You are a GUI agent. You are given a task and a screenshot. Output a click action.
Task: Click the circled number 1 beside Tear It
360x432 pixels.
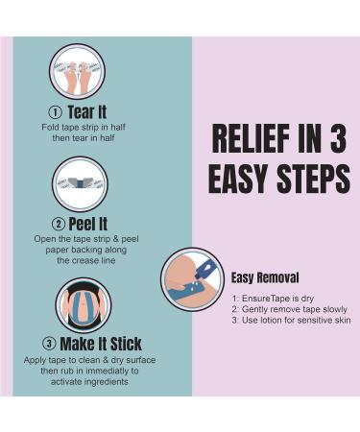point(55,112)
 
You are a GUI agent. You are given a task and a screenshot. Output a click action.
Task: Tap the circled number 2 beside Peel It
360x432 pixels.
point(59,224)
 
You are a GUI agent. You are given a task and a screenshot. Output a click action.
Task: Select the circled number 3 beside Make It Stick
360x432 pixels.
point(49,344)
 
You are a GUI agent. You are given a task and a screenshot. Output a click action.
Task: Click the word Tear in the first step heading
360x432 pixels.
point(80,112)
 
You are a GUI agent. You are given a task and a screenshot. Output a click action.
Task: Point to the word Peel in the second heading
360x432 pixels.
point(82,224)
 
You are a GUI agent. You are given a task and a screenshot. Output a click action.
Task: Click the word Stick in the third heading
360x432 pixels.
point(126,344)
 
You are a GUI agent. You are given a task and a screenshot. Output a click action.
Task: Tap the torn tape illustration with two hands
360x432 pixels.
point(77,72)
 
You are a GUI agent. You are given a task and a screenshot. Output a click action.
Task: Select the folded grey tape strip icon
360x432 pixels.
point(80,184)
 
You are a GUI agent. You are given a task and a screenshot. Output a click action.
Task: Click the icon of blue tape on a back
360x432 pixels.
point(84,305)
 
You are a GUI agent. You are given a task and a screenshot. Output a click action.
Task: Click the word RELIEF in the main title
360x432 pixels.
point(252,138)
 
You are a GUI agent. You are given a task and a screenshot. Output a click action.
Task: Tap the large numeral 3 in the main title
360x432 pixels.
point(338,138)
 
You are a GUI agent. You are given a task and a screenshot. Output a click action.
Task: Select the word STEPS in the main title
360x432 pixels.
point(313,179)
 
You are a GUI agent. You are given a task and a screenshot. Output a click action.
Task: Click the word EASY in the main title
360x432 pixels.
point(239,179)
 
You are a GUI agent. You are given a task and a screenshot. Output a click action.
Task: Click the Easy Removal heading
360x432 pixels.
point(265,277)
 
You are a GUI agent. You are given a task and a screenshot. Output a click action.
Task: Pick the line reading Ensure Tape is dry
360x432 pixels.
point(273,299)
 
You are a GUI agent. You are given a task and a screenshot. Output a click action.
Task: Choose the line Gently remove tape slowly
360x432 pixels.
point(290,309)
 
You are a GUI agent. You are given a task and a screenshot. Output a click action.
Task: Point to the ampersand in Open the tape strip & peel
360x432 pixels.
point(115,239)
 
